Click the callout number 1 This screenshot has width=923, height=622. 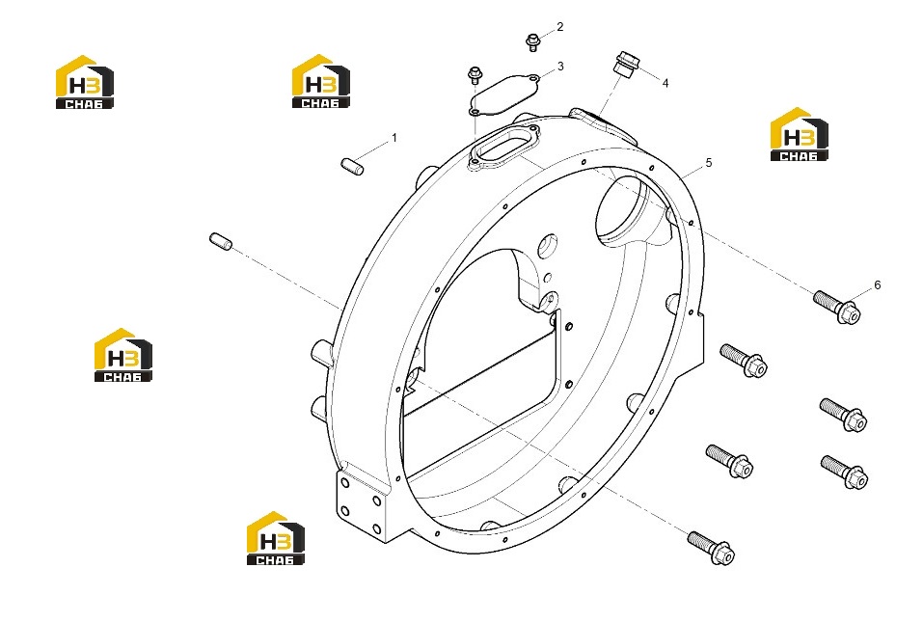(394, 138)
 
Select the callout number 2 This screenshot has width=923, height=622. (559, 27)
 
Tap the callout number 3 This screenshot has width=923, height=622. (560, 67)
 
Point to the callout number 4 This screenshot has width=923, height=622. (665, 84)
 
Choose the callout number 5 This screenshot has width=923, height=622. (709, 162)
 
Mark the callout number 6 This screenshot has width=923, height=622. (877, 285)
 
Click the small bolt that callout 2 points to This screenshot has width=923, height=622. (532, 42)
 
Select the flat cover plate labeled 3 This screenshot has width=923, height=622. (503, 95)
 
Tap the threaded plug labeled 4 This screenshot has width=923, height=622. (625, 63)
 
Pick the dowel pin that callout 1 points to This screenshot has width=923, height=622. (353, 166)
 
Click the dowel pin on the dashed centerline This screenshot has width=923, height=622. (221, 241)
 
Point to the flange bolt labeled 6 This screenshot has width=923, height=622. (836, 307)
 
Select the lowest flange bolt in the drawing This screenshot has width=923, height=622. (711, 548)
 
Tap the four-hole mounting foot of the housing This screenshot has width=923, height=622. (361, 502)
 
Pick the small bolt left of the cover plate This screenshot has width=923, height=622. (475, 75)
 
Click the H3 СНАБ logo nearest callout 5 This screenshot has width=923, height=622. (799, 134)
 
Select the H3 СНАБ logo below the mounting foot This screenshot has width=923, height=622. (276, 538)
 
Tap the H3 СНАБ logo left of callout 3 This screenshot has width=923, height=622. (321, 81)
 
